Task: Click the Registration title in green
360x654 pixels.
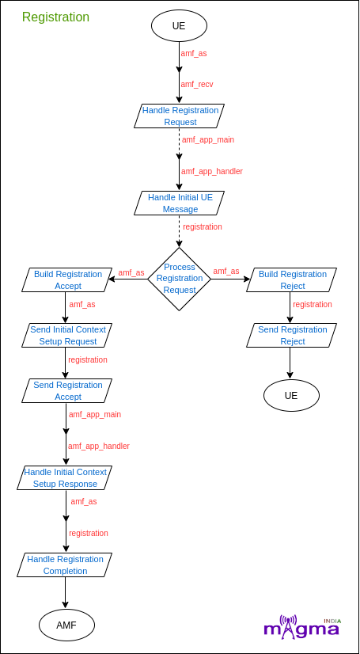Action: pos(55,17)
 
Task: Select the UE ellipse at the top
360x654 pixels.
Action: pos(179,25)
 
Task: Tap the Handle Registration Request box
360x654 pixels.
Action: pos(179,116)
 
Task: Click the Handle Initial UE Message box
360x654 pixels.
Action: pos(179,203)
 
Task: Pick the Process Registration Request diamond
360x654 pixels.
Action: pos(179,279)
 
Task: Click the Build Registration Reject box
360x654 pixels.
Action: pos(292,279)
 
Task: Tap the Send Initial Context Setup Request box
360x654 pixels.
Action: pos(67,336)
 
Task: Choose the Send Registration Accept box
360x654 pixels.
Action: pos(67,391)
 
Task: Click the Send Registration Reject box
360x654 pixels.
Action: pos(292,336)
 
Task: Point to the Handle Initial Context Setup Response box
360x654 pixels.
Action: pos(65,478)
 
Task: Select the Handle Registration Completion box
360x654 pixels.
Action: pos(65,565)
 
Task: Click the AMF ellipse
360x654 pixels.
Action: pos(66,625)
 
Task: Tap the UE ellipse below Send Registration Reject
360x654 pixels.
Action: pos(291,395)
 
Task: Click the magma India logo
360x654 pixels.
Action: pos(302,626)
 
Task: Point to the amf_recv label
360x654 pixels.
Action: pos(197,84)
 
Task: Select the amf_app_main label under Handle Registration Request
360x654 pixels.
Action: pos(208,139)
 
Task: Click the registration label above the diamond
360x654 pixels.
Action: pos(203,227)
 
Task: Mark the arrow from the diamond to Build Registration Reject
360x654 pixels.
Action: pos(230,279)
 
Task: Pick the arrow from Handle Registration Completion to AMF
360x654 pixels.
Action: pos(66,593)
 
